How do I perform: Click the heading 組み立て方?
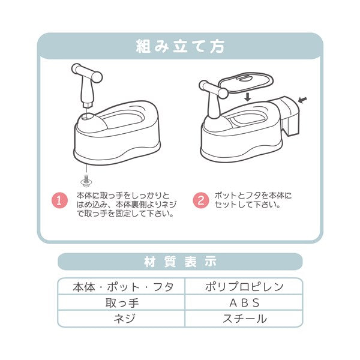click(180, 46)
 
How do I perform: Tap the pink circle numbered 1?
click(59, 200)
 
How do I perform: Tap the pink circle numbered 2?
click(201, 200)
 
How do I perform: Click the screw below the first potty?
click(86, 181)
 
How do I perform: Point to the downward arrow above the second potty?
click(247, 97)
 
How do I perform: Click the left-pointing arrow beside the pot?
click(302, 100)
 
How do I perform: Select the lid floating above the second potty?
click(245, 83)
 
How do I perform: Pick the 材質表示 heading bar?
click(180, 262)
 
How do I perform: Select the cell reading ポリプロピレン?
click(244, 287)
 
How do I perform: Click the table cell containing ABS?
click(244, 302)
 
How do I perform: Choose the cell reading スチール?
click(244, 319)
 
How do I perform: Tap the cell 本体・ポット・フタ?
click(121, 287)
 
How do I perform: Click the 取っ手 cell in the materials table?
click(121, 302)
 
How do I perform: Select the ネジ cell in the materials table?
click(121, 319)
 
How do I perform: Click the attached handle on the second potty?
click(214, 98)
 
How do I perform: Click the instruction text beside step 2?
click(253, 200)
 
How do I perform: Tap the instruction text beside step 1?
click(126, 205)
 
